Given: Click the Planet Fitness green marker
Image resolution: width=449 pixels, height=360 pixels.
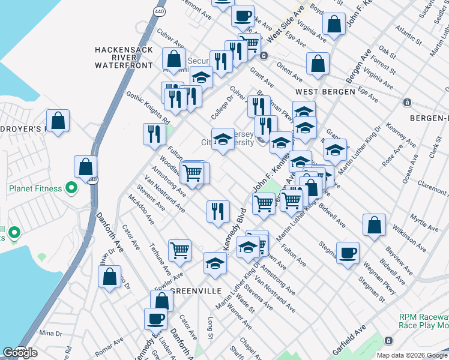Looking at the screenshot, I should pos(71,188).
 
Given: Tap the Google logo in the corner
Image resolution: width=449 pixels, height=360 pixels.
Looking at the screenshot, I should pos(20,353).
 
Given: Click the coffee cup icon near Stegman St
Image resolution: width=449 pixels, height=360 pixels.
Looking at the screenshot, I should pos(348,253).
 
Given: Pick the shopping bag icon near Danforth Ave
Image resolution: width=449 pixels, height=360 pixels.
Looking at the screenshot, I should pos(109,277).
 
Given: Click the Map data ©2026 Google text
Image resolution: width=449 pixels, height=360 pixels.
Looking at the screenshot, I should pos(412,355).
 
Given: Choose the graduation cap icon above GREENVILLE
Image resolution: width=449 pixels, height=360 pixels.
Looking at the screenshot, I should pos(214,263).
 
